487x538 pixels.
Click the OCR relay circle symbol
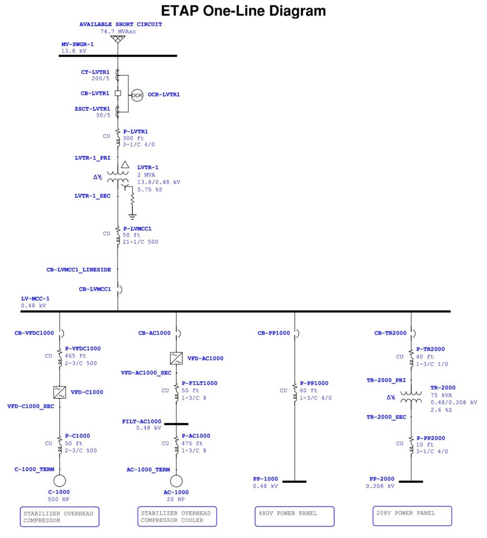click(137, 96)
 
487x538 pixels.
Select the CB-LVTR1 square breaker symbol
click(118, 93)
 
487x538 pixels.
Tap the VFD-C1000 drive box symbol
click(60, 392)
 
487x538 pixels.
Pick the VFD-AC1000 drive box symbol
click(176, 358)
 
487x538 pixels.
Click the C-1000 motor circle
click(60, 481)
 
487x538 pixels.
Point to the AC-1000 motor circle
click(176, 481)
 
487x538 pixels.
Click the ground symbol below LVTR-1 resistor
click(132, 216)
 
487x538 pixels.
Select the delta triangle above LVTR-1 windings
click(125, 164)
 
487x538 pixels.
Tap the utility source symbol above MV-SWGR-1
click(118, 39)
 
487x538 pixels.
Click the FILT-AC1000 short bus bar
click(176, 424)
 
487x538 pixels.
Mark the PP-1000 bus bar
click(294, 482)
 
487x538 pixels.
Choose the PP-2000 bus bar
click(411, 482)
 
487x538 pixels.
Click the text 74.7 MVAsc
click(118, 32)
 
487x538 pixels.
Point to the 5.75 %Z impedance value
click(150, 189)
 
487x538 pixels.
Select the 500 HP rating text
click(59, 499)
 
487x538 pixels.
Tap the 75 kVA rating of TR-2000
click(441, 395)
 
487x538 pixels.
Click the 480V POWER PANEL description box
click(294, 516)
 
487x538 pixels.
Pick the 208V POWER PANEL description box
click(412, 516)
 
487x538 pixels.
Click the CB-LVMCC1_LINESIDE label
click(79, 270)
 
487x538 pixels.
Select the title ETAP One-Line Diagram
click(243, 11)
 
